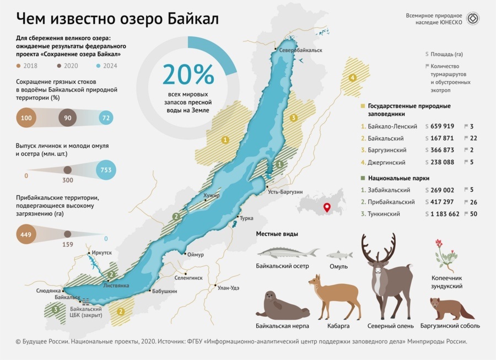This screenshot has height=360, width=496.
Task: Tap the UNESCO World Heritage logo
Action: click(473, 18)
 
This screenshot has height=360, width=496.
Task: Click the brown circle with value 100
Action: click(26, 118)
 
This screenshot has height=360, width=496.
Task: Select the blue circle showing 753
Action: click(106, 170)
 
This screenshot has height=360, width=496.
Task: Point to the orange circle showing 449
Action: click(26, 234)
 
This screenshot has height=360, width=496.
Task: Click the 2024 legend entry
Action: click(107, 66)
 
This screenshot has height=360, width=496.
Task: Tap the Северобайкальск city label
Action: click(301, 51)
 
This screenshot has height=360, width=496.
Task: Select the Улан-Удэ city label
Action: click(228, 288)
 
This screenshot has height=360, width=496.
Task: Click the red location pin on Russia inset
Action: click(326, 207)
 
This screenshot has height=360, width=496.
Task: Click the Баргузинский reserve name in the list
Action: click(387, 150)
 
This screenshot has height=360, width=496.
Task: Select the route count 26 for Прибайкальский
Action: click(474, 202)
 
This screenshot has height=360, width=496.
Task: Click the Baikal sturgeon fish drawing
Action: click(288, 253)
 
